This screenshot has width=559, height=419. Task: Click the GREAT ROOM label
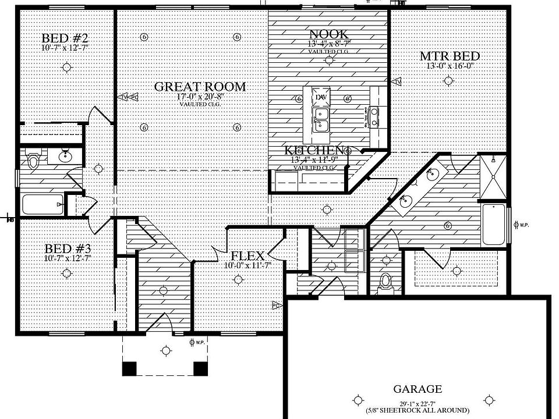[200, 87]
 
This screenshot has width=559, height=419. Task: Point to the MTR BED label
[450, 56]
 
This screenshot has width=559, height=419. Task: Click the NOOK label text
[329, 34]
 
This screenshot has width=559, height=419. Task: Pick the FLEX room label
[247, 256]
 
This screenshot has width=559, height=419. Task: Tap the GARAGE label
[417, 389]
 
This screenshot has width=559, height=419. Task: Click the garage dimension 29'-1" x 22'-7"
[417, 402]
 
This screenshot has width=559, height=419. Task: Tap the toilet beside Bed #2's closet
[34, 158]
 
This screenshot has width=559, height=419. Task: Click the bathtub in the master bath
[494, 225]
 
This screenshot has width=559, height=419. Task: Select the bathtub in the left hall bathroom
[43, 204]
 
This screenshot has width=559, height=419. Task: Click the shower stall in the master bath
[493, 174]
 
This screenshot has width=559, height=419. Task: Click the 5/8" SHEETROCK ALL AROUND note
[417, 410]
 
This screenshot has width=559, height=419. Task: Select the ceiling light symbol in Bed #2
[68, 68]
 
